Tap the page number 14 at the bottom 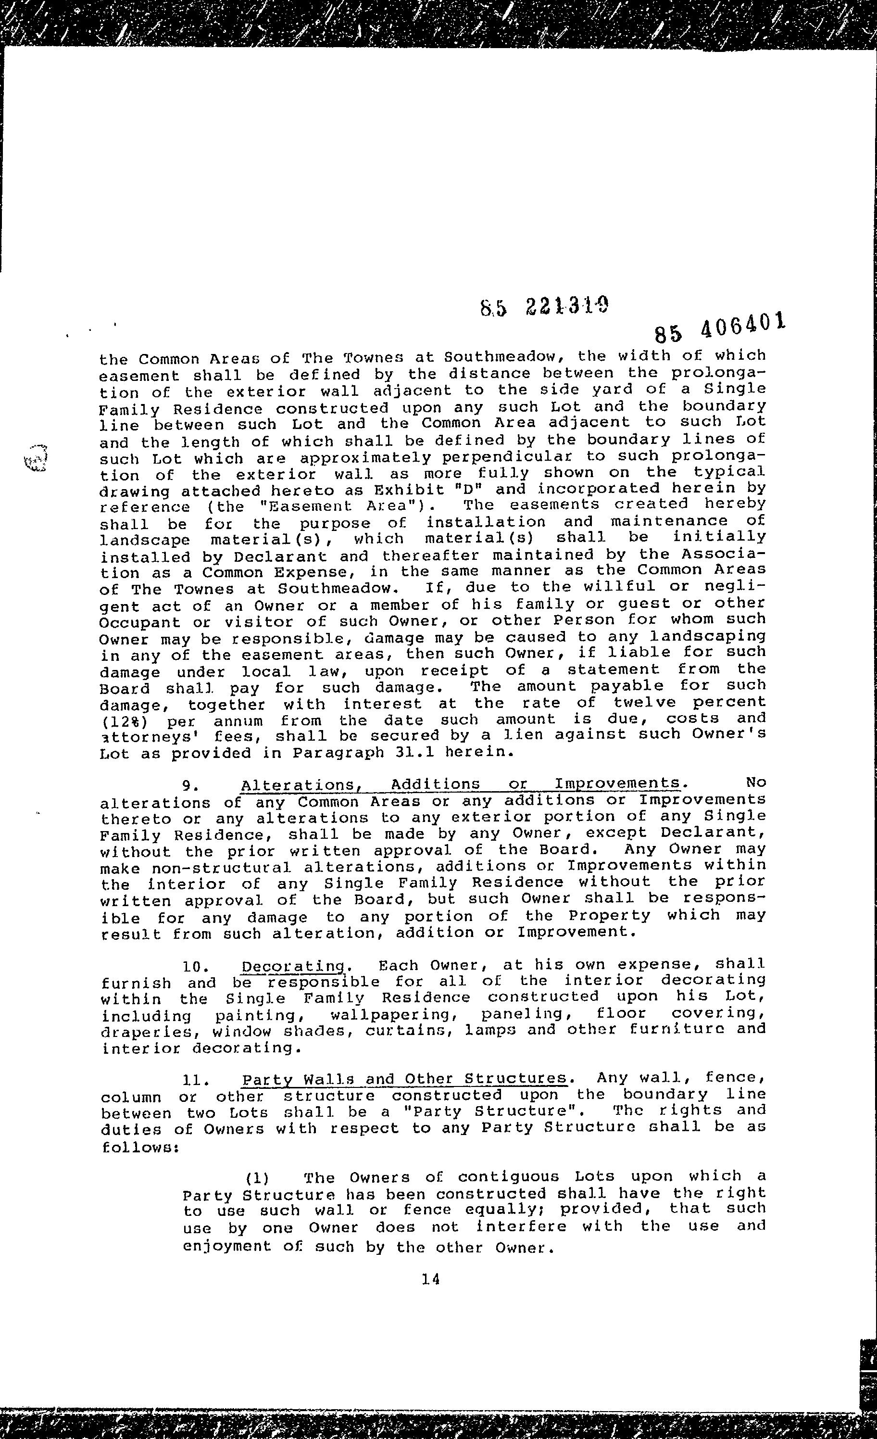[430, 1296]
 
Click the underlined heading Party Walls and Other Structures [404, 1079]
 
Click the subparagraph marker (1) [256, 1177]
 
